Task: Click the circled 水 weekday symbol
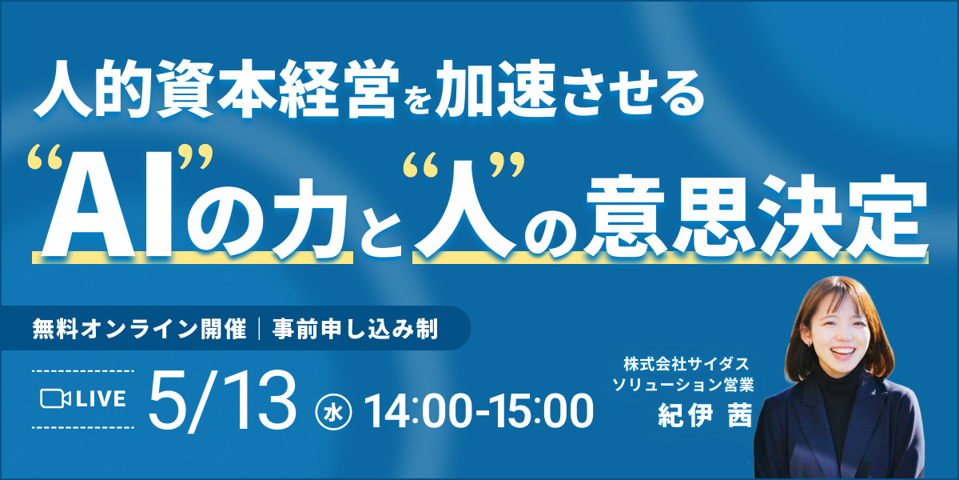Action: pyautogui.click(x=333, y=411)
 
